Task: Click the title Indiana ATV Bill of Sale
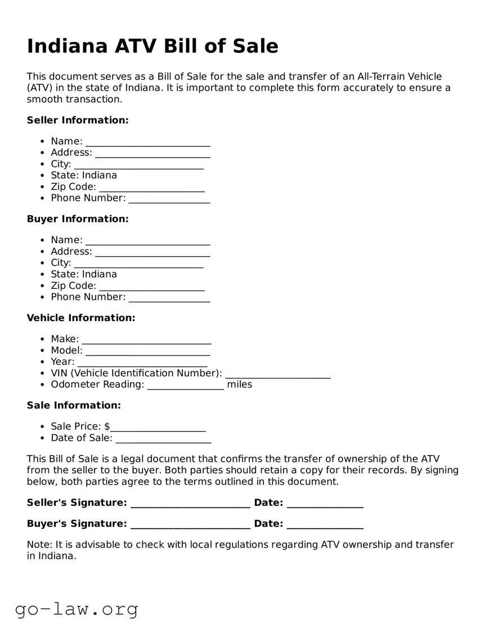(x=152, y=46)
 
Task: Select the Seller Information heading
(x=78, y=120)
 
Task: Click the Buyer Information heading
(x=78, y=219)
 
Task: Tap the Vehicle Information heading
(x=81, y=318)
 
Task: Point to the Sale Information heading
(x=74, y=405)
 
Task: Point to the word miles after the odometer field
(x=239, y=384)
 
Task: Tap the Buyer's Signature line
(x=190, y=525)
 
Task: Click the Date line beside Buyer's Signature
(x=325, y=525)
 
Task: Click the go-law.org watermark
(x=77, y=609)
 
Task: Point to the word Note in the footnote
(x=38, y=545)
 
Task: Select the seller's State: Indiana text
(x=84, y=175)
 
